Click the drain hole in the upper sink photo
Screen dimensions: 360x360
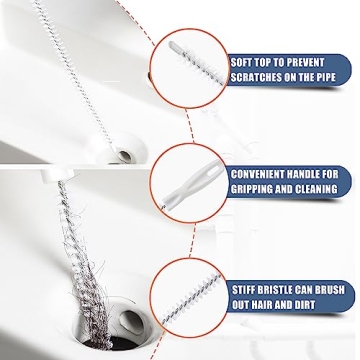click(x=125, y=156)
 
